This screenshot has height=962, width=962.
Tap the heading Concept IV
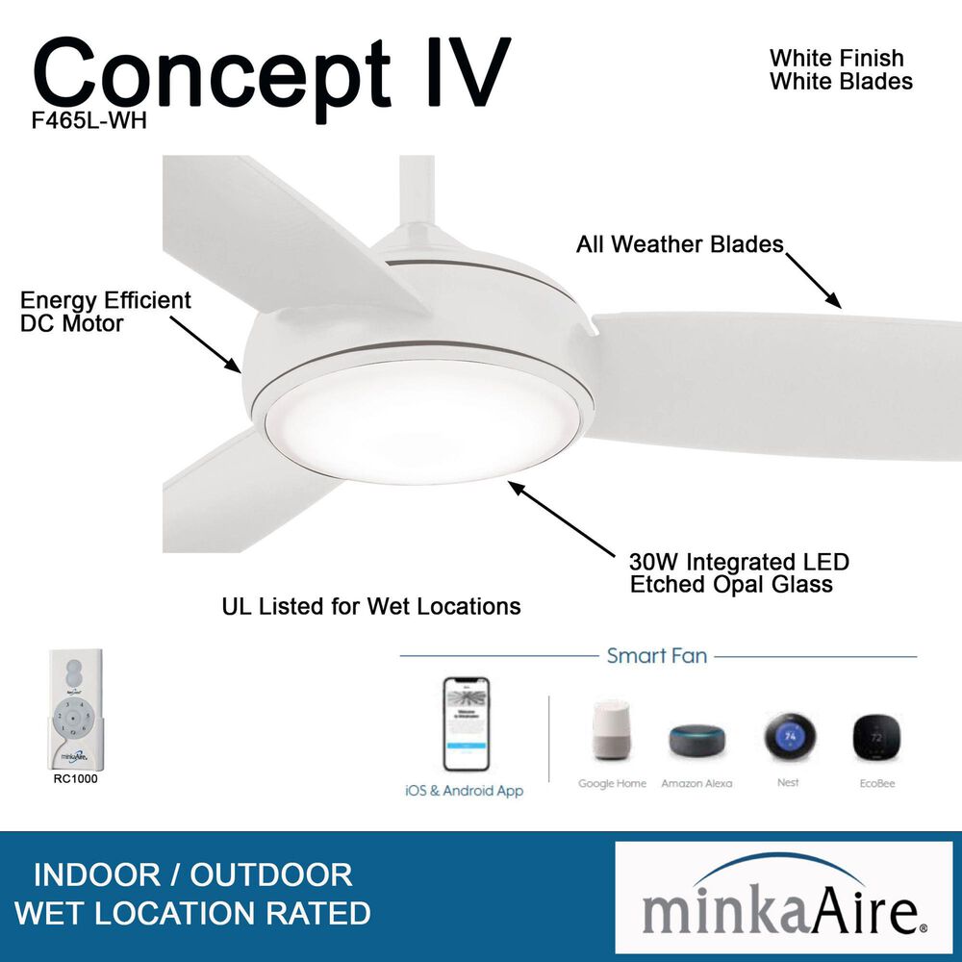click(271, 74)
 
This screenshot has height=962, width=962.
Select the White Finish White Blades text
click(840, 70)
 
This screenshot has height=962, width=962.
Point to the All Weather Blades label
click(679, 244)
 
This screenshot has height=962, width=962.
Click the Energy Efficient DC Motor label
click(106, 312)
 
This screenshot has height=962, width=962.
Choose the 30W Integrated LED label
click(739, 562)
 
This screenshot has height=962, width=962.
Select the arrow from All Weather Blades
click(813, 280)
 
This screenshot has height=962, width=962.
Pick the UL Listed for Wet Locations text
click(371, 606)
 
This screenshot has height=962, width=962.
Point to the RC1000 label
click(75, 779)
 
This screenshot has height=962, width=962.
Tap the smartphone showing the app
click(466, 724)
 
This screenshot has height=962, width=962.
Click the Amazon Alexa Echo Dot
click(697, 739)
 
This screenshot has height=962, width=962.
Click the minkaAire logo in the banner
click(783, 899)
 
